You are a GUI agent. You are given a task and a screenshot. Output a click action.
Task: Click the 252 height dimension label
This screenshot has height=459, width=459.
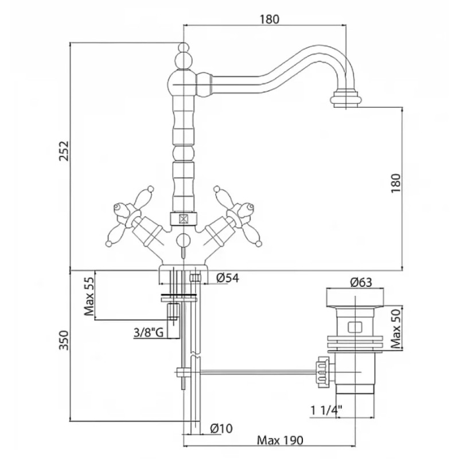pos(64,151)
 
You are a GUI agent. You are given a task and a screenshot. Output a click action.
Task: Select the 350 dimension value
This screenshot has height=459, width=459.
pos(64,340)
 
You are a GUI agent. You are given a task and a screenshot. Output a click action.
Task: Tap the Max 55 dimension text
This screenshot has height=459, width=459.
pos(90,297)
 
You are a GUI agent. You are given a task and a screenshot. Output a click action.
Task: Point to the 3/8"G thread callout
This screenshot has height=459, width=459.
pos(149,333)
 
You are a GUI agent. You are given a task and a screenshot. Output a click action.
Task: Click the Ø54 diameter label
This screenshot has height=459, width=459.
pos(228,278)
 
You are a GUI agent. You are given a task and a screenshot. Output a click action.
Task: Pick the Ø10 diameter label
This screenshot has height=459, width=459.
pos(221,429)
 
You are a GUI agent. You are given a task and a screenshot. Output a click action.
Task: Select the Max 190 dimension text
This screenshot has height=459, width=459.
pos(280,440)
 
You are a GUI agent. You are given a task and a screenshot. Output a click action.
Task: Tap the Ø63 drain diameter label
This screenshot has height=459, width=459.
pos(361,282)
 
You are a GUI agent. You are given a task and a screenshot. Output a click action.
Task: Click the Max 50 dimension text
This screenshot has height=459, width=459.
pos(396,329)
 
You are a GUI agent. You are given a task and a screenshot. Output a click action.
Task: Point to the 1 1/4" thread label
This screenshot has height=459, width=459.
pos(326,411)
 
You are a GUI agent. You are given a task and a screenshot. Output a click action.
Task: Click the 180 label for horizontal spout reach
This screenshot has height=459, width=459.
pos(270,20)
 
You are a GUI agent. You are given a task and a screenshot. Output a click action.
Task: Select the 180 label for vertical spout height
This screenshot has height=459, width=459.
pos(395,183)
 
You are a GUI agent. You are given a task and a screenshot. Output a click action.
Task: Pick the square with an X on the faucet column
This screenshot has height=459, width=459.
pos(183,219)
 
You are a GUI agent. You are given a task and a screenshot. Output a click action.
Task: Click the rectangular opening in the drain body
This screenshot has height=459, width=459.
pos(355,327)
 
